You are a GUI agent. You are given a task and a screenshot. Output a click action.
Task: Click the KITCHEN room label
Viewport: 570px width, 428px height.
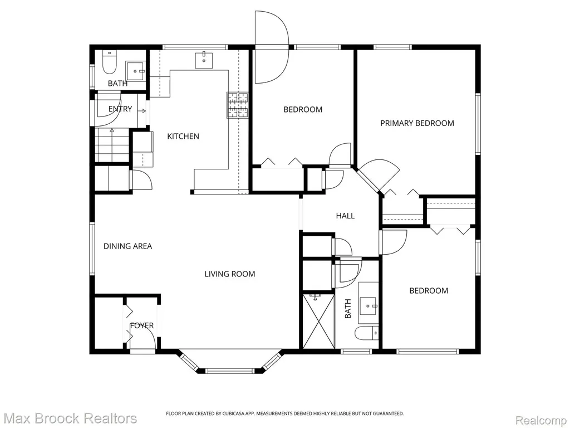pos(183,137)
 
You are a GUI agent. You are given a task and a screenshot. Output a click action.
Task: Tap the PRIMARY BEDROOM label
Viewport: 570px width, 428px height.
pos(417,123)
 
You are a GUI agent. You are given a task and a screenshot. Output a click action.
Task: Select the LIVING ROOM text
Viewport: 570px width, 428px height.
pos(230,274)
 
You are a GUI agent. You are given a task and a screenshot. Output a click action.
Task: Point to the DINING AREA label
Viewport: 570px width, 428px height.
pos(127,246)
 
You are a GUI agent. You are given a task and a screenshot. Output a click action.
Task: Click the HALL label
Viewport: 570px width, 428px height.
pos(345,216)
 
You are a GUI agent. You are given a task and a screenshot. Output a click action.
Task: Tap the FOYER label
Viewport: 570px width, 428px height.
pos(142,325)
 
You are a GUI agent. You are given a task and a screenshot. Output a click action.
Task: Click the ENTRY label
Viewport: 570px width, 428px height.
pos(120,109)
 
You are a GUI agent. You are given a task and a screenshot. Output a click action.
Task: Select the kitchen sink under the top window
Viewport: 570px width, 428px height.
pos(204,60)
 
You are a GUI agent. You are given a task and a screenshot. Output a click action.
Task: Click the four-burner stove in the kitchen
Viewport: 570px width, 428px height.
pos(238,105)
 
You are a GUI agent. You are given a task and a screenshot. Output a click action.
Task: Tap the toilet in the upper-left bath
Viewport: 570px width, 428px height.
pos(109,62)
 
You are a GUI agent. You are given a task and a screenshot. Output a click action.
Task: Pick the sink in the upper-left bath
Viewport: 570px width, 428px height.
pos(136,71)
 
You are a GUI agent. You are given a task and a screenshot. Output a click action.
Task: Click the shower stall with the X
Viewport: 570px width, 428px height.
pos(318,322)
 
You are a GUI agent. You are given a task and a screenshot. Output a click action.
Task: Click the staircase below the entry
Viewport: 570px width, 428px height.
pos(112,145)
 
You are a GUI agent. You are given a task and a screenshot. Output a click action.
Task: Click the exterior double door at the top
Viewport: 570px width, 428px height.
pos(272,47)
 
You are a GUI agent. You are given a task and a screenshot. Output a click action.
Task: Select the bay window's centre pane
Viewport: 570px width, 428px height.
pos(229,371)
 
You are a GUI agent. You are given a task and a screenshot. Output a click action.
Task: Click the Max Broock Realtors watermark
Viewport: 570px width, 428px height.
pos(68,418)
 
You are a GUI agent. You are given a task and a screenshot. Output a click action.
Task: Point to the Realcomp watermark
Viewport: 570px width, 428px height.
pos(541,420)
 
